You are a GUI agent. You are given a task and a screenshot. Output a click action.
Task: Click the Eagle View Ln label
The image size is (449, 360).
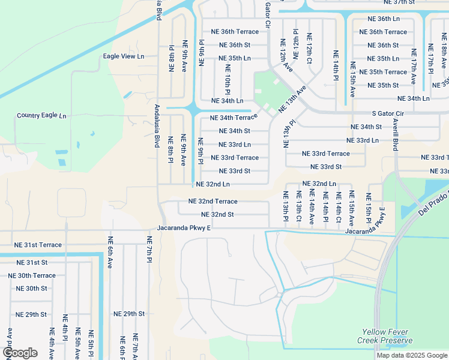click(124, 56)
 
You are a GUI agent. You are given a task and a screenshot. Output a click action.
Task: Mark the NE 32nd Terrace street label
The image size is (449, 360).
click(212, 202)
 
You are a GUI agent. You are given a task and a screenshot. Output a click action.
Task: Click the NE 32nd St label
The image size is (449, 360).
click(217, 214)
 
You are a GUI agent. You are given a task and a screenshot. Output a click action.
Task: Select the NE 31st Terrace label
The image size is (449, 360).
click(38, 245)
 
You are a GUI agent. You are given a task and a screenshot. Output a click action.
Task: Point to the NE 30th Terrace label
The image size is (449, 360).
click(32, 275)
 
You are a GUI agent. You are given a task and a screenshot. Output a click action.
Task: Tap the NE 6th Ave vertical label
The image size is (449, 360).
click(110, 252)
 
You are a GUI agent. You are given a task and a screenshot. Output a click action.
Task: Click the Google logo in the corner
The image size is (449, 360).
click(20, 353)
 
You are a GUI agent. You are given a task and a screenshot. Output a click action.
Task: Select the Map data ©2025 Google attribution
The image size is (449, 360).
click(411, 355)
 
